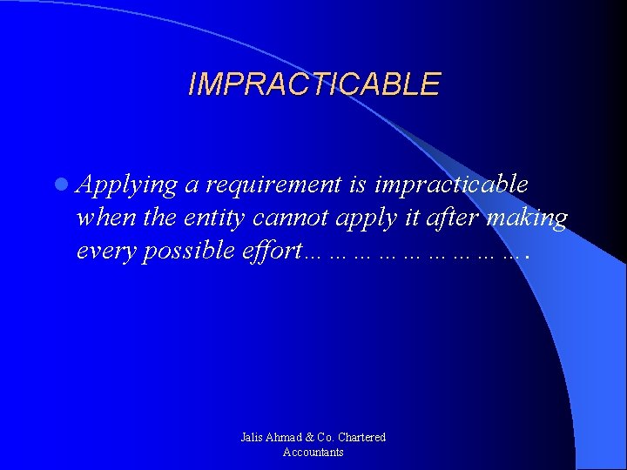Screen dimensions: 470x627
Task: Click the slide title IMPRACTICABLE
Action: (313, 84)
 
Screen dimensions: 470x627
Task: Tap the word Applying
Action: (127, 185)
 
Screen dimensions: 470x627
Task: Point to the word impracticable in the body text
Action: (450, 185)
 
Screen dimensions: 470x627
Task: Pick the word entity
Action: (214, 218)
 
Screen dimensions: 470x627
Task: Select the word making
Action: (527, 218)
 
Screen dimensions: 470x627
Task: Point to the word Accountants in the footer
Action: (313, 452)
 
